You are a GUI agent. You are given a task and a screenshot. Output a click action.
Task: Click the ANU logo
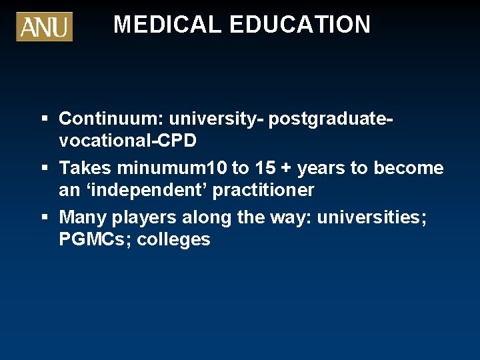44,27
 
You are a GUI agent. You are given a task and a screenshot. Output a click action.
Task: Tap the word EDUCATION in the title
300,25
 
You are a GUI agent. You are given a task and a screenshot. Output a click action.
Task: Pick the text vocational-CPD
127,141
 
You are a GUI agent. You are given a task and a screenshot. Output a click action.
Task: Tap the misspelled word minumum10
169,168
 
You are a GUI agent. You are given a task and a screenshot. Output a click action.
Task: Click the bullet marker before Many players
44,217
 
